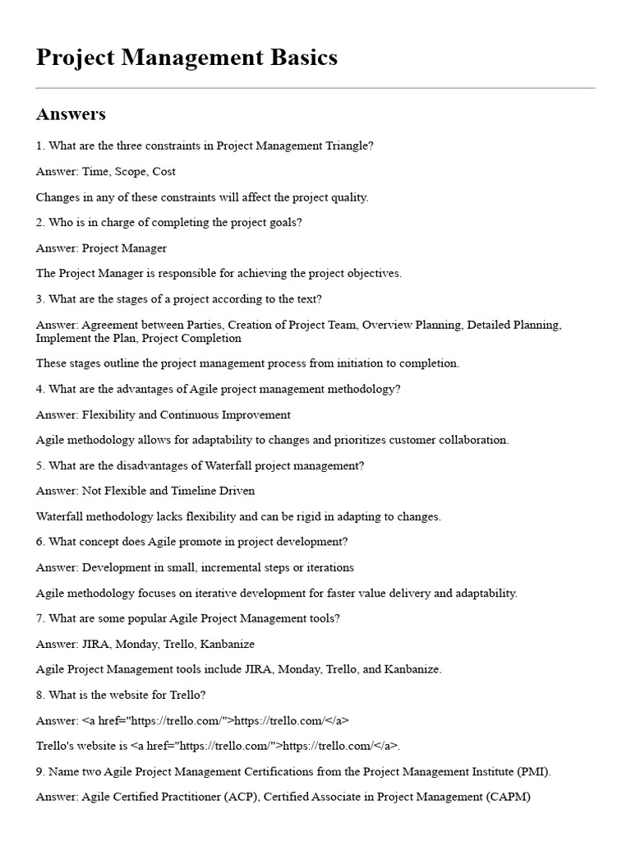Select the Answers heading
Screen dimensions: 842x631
pyautogui.click(x=71, y=113)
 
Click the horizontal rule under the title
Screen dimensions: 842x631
pyautogui.click(x=315, y=88)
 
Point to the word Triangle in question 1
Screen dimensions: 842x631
pyautogui.click(x=348, y=146)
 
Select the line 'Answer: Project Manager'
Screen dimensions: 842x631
pyautogui.click(x=101, y=248)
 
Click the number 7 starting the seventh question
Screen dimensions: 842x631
pyautogui.click(x=39, y=618)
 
